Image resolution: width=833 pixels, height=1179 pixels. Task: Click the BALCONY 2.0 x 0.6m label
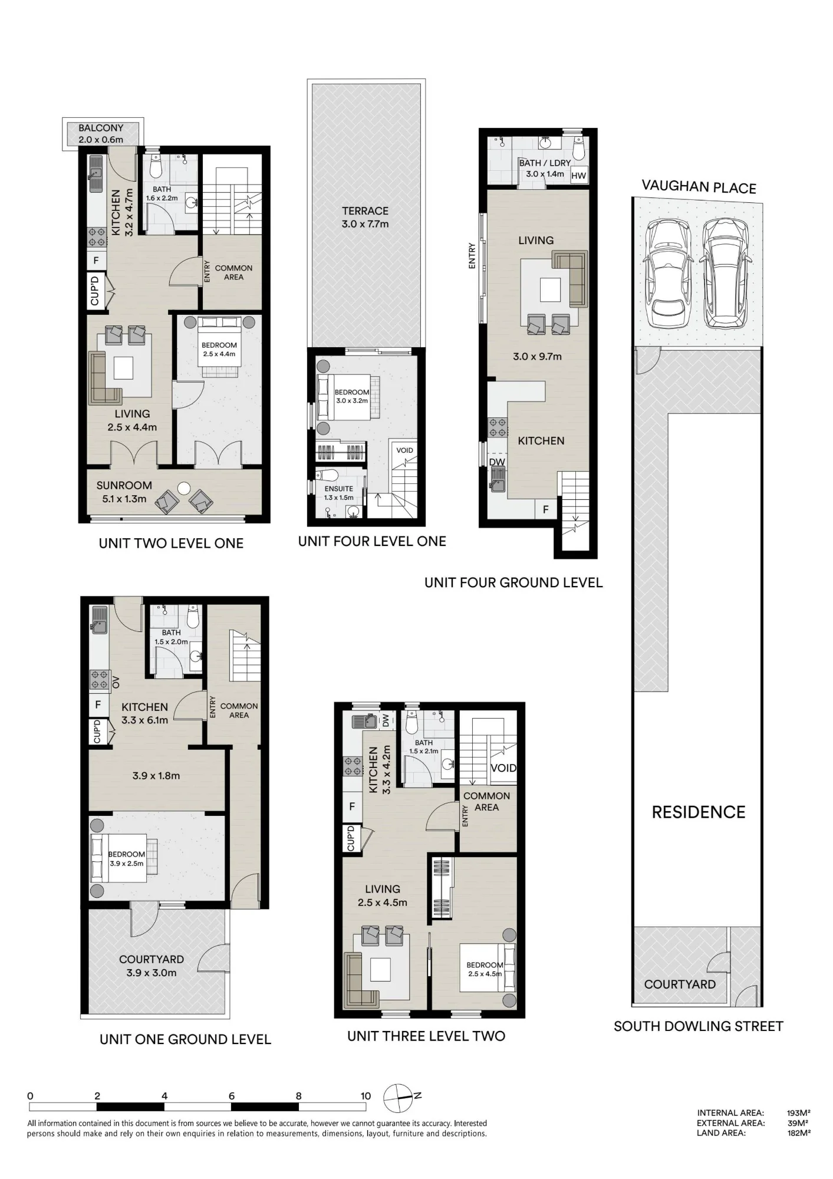pos(101,134)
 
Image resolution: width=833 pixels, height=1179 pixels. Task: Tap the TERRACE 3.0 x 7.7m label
pos(366,218)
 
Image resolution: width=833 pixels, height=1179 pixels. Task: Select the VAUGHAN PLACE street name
pos(699,187)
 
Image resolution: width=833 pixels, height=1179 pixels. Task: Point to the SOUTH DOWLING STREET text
pos(699,1026)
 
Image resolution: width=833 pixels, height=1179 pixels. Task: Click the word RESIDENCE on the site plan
pos(699,812)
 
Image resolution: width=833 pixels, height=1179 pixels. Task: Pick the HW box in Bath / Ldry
pos(579,175)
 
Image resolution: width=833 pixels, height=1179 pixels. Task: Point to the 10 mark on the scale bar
pos(366,1096)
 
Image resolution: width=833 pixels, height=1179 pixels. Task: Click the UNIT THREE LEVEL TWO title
pos(426,1036)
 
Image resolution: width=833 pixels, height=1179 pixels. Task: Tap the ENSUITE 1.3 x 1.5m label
pos(339,493)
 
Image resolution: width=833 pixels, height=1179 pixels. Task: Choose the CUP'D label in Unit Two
pos(95,291)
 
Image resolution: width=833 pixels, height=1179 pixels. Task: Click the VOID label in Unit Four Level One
pos(404,450)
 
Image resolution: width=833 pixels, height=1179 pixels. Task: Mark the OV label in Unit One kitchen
pos(116,682)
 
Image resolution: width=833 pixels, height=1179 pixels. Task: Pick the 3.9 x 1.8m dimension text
pos(156,776)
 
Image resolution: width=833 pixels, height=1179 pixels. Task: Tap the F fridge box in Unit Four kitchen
pos(546,509)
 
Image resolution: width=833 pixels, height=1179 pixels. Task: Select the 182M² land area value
pos(799,1132)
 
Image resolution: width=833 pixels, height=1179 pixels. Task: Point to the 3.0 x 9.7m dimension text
pos(537,357)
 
